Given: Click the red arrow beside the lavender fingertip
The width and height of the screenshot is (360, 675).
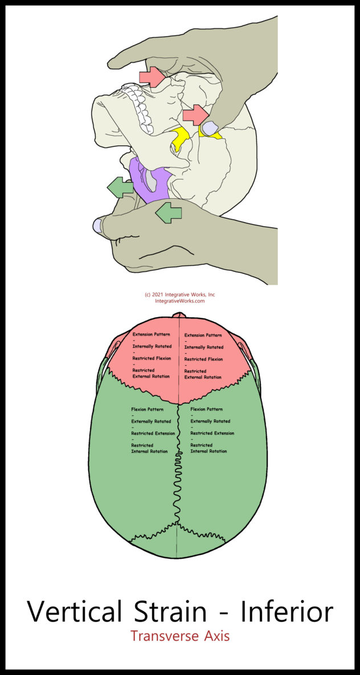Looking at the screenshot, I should [x=195, y=114].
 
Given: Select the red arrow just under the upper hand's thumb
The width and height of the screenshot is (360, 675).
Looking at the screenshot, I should [x=152, y=76].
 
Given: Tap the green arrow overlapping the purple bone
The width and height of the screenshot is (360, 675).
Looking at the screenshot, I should [x=120, y=187].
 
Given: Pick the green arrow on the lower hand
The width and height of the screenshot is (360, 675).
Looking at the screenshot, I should [x=169, y=212].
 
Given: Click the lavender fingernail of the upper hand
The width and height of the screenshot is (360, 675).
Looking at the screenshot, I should [x=210, y=128].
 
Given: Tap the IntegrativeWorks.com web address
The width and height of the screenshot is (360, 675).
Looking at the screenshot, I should [x=179, y=301].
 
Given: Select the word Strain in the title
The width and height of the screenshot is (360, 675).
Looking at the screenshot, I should [x=170, y=612].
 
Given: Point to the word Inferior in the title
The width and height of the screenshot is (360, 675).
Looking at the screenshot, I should [x=287, y=612].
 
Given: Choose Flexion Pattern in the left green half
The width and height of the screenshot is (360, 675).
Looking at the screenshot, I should [x=147, y=410].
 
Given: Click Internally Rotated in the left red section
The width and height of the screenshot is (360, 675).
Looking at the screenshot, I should [x=152, y=346].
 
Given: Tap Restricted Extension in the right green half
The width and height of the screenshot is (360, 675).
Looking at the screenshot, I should [x=212, y=433].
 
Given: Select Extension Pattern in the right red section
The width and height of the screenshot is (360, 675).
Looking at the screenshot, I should [x=203, y=335].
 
